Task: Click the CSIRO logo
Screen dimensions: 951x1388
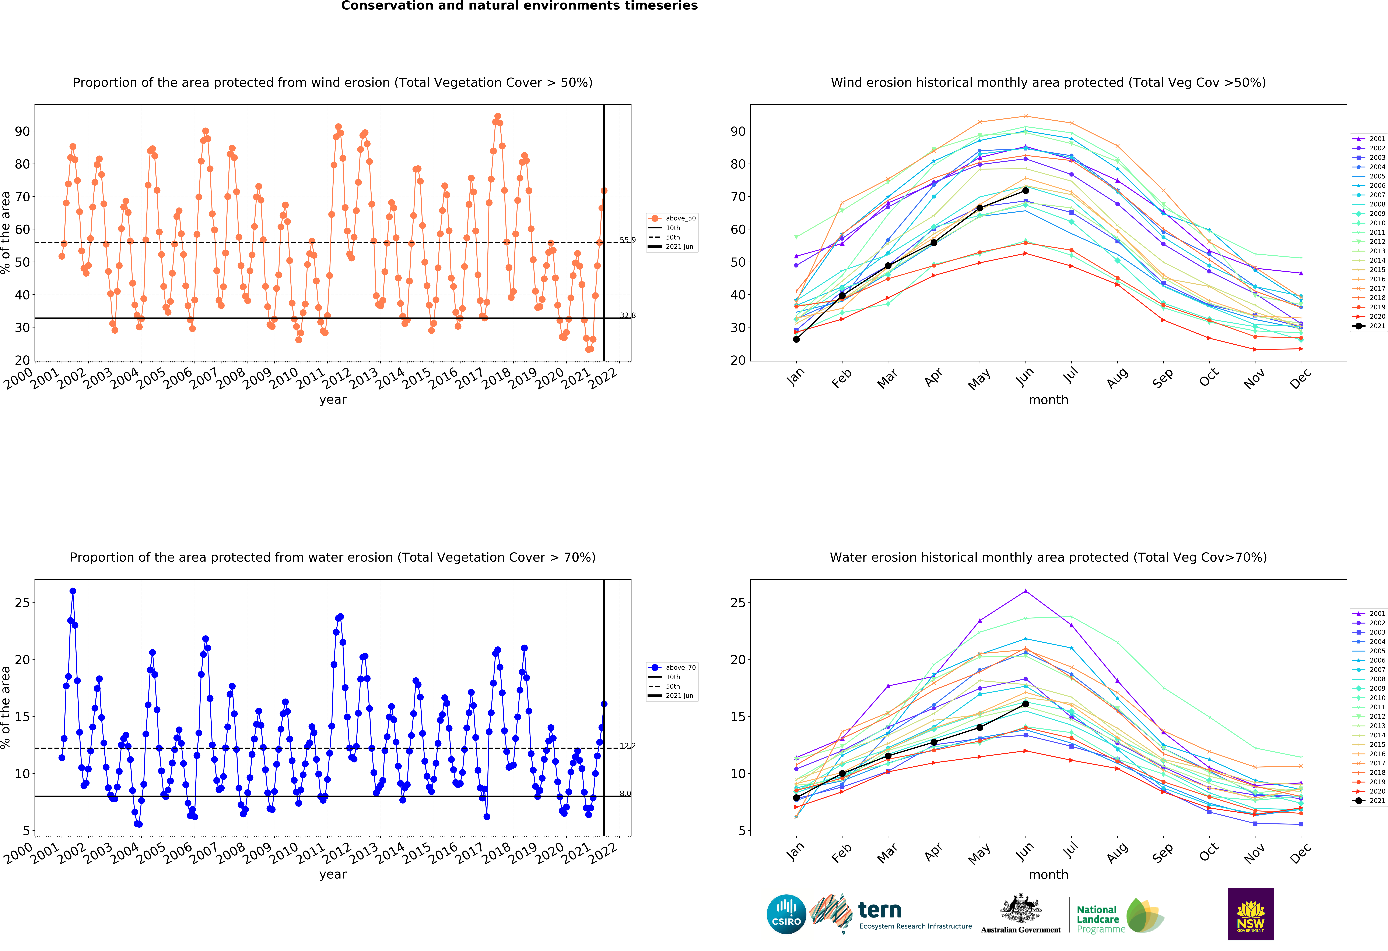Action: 786,914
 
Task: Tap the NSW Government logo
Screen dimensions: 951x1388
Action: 1251,914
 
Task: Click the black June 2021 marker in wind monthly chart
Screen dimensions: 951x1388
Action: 1026,190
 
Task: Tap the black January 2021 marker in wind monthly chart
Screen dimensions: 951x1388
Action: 796,339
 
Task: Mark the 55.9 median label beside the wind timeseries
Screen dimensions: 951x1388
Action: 627,240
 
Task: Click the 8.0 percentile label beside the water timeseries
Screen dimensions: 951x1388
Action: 625,793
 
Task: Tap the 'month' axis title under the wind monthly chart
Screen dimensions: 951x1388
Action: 1048,400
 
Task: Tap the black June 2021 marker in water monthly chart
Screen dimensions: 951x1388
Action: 1026,704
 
